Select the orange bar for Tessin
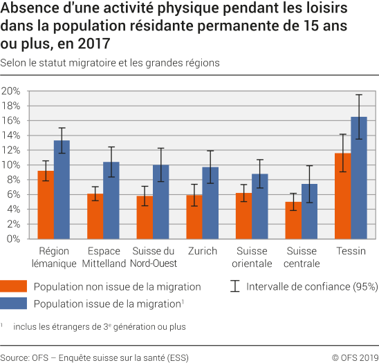pos(342,196)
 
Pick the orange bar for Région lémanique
pos(46,205)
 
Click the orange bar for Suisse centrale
pos(293,220)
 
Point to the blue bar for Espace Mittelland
pos(111,201)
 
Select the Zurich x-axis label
pos(202,251)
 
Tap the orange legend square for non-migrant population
pos(14,286)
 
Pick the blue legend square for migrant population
pos(14,303)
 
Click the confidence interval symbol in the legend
pos(234,286)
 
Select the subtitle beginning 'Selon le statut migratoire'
pos(111,62)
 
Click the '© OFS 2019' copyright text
pos(354,357)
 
